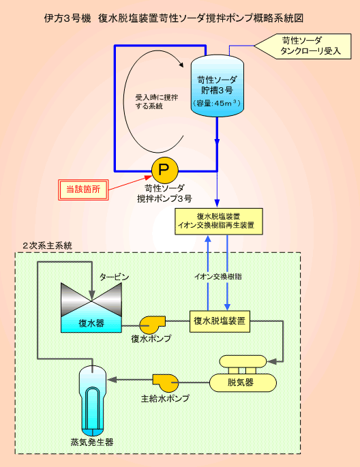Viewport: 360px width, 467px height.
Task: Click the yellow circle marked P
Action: click(x=165, y=170)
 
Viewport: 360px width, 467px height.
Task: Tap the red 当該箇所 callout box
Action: click(x=83, y=190)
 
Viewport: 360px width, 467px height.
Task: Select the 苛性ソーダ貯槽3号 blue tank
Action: click(x=217, y=86)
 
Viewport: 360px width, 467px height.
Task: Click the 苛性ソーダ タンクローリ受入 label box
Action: click(x=303, y=46)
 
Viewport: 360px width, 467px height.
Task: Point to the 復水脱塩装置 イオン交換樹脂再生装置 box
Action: click(x=219, y=222)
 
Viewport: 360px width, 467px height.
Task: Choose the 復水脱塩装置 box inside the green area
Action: click(x=220, y=321)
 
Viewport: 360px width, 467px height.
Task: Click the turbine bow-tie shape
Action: click(x=91, y=300)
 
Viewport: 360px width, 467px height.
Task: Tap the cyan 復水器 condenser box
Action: click(x=91, y=324)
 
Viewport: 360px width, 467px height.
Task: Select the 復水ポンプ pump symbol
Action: click(x=153, y=325)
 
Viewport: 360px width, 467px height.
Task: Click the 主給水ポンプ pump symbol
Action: click(x=165, y=382)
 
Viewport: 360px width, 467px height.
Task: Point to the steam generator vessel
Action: click(x=92, y=401)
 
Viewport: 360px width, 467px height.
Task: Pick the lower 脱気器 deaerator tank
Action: click(x=243, y=382)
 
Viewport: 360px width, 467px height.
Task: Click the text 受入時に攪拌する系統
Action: click(x=157, y=102)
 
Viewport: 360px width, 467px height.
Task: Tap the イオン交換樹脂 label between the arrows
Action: click(x=217, y=277)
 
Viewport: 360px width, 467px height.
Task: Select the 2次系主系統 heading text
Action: click(x=47, y=245)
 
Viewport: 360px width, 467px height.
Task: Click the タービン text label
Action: click(x=114, y=277)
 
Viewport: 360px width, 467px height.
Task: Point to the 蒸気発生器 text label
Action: click(x=92, y=442)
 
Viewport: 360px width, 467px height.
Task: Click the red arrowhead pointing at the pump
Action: click(x=148, y=177)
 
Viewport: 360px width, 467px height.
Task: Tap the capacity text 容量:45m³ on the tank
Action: click(x=217, y=104)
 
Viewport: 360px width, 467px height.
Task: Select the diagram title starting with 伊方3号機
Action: click(x=174, y=18)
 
